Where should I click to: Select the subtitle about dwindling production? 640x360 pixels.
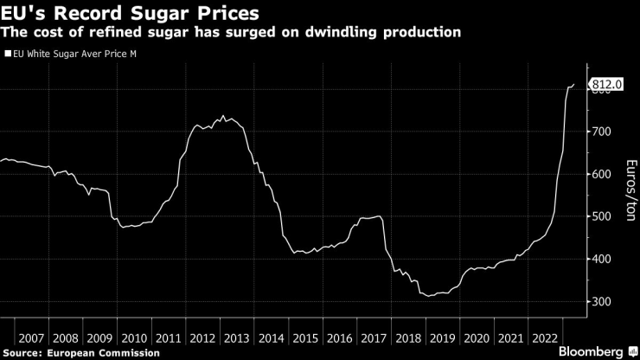230,33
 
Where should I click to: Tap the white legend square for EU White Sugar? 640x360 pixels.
9,54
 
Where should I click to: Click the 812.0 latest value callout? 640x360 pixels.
606,84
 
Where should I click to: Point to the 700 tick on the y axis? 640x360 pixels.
602,132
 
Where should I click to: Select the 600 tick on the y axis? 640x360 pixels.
602,174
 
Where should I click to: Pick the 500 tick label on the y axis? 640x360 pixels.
602,216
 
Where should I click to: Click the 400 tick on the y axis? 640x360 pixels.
602,259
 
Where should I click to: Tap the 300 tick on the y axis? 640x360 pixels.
602,301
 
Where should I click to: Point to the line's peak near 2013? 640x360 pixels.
223,116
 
